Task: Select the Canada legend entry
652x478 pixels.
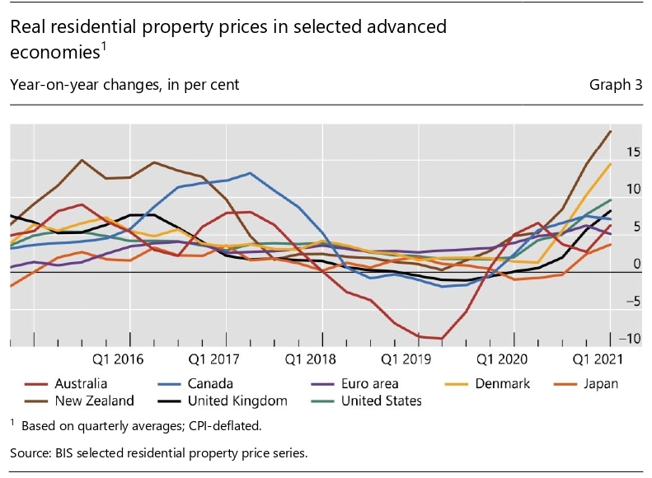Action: (x=210, y=383)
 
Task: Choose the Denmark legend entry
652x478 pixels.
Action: (x=502, y=383)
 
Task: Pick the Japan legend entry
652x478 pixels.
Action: (x=599, y=383)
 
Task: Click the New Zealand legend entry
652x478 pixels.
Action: (x=92, y=401)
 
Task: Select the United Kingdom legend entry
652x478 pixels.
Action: (x=237, y=401)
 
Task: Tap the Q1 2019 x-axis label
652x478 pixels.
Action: (x=405, y=359)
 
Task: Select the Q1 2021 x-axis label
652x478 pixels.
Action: (x=597, y=359)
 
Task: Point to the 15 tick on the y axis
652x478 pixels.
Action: (x=633, y=152)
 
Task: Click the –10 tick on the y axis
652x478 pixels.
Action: (x=631, y=338)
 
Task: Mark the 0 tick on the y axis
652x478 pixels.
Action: (x=636, y=264)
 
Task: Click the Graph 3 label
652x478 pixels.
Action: (x=616, y=85)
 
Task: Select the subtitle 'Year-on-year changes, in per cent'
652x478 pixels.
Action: (x=124, y=85)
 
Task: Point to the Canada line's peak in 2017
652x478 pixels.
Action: (x=250, y=173)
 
